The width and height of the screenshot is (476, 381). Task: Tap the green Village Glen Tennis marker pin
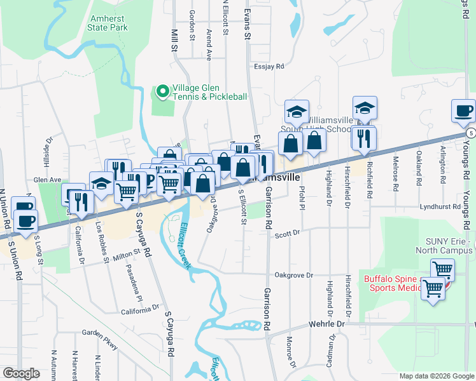coord(162,92)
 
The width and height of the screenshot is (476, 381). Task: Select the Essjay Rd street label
coord(268,65)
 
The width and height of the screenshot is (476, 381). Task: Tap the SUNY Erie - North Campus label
coord(449,245)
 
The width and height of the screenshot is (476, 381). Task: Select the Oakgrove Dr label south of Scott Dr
coord(294,275)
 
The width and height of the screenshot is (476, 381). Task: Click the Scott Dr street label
coord(287,234)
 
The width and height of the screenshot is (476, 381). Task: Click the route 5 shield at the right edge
coord(470,133)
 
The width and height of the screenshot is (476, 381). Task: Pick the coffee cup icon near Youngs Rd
coord(463,110)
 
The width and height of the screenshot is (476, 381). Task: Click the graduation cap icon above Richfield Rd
coord(365,107)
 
